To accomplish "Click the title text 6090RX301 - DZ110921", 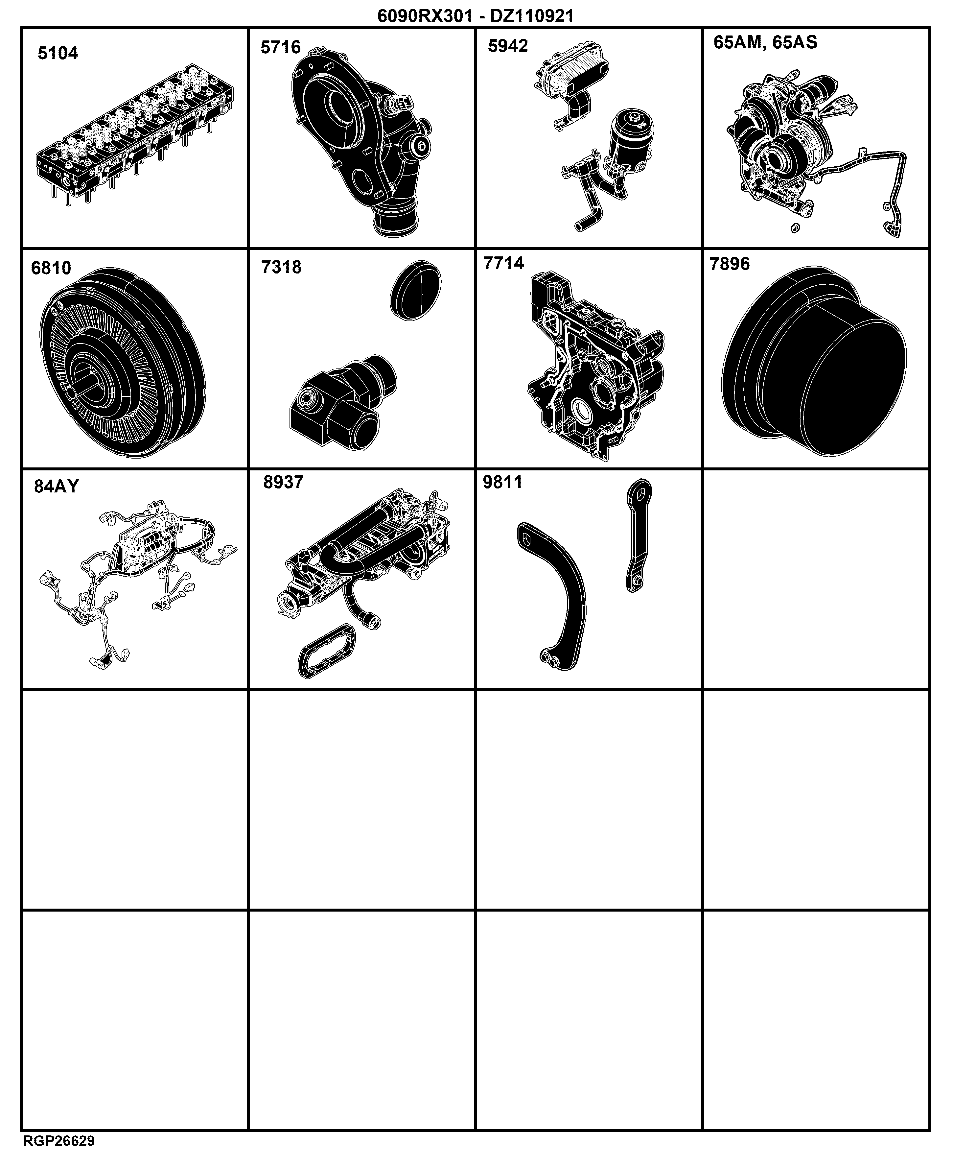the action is pos(476,16).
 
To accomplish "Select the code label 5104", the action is pos(58,53).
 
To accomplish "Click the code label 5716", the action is pos(281,48).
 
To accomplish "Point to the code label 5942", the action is pos(508,46).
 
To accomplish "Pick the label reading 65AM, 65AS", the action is pos(765,42).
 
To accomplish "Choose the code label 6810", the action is pos(51,268).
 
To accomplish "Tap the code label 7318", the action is pos(281,267).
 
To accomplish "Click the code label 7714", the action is pos(503,264).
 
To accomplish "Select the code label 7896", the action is pos(730,264).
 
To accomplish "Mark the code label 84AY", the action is pos(57,487).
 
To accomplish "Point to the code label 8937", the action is pos(283,482).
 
